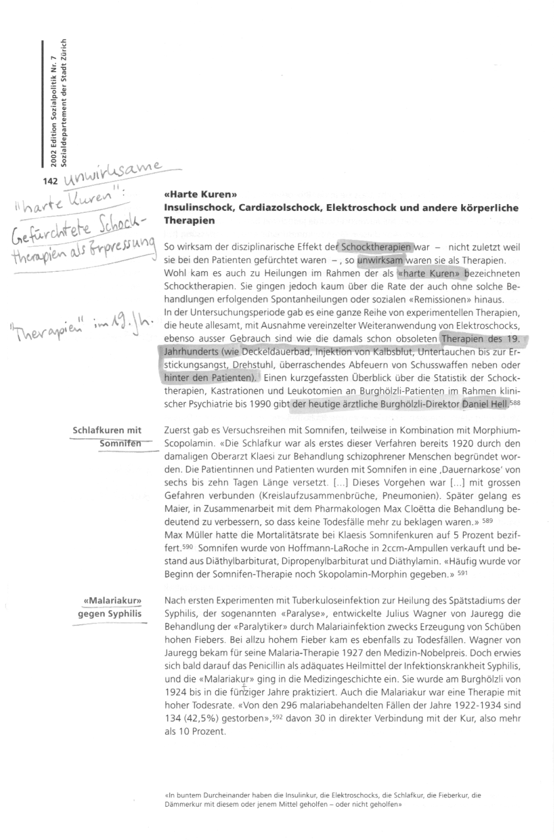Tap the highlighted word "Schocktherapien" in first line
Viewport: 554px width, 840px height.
[375, 247]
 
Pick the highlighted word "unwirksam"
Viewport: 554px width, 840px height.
[380, 259]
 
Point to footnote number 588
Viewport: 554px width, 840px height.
[515, 403]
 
